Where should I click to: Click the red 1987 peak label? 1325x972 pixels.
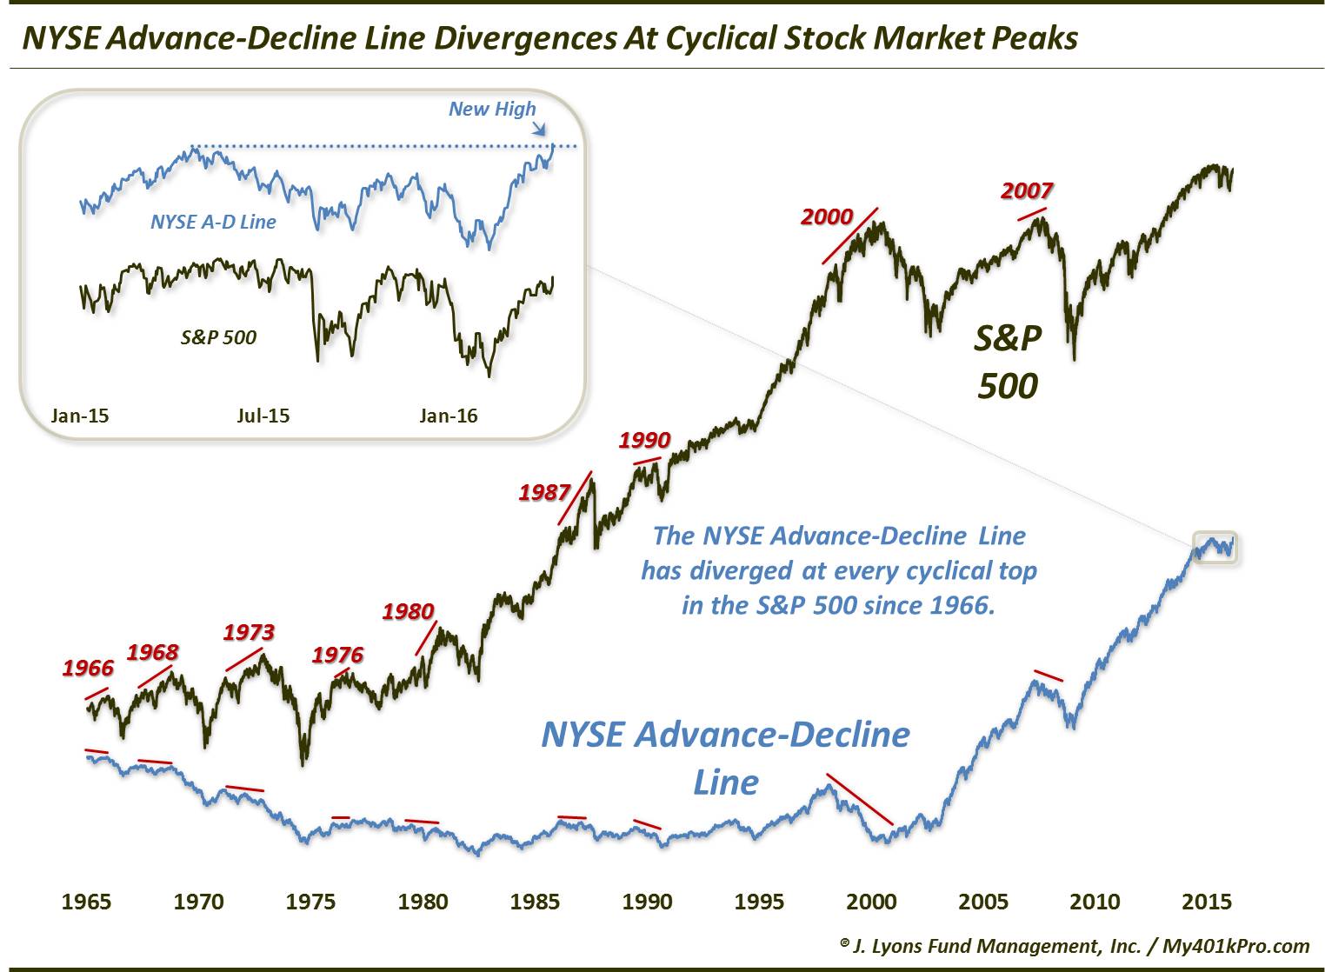click(x=544, y=492)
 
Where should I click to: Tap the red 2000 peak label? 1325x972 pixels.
click(x=827, y=216)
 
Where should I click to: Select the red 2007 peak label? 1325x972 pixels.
click(x=1027, y=190)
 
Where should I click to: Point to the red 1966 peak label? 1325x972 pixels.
click(x=88, y=668)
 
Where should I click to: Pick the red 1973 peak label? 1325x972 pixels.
click(x=249, y=632)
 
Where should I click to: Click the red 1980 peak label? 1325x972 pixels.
click(x=408, y=611)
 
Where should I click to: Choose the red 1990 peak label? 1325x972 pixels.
click(x=644, y=440)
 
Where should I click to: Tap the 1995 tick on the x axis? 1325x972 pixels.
click(x=758, y=902)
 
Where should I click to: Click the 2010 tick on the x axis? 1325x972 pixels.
click(x=1095, y=902)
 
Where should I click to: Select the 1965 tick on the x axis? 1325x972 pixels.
click(x=86, y=902)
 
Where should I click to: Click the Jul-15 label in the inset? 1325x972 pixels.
click(x=263, y=416)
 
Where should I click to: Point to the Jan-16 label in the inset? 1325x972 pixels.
click(x=448, y=416)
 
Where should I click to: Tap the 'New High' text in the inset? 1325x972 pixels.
click(x=492, y=109)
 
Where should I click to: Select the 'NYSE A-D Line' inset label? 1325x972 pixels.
click(x=213, y=222)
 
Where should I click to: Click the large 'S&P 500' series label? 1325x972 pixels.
click(x=1007, y=362)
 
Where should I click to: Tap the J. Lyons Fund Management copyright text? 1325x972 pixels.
click(x=1075, y=946)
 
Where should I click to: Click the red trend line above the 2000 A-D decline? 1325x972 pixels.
click(x=859, y=798)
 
